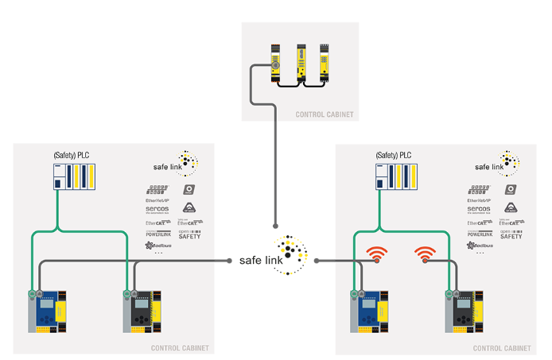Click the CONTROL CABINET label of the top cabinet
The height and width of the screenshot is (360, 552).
pyautogui.click(x=324, y=115)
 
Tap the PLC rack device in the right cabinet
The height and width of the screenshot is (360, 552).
pyautogui.click(x=395, y=176)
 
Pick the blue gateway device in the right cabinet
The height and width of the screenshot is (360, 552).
pyautogui.click(x=371, y=311)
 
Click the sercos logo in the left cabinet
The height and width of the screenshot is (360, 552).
pyautogui.click(x=157, y=210)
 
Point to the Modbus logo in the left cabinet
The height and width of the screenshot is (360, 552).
pyautogui.click(x=157, y=246)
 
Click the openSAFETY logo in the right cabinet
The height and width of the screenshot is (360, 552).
pyautogui.click(x=513, y=234)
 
